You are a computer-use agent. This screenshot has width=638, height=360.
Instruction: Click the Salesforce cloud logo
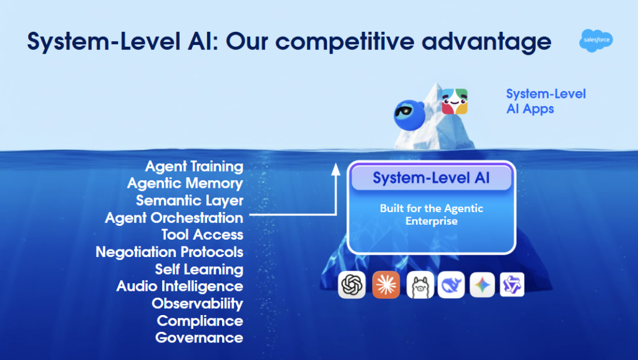point(596,41)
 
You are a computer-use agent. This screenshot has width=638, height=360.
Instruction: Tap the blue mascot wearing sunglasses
point(409,115)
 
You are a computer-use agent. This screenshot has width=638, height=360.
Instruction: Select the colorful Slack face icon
point(455,102)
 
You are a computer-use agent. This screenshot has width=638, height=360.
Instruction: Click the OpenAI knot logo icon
point(352,285)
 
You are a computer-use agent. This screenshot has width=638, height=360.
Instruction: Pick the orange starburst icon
point(386,285)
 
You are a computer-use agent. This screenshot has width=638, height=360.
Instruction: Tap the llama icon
point(420,285)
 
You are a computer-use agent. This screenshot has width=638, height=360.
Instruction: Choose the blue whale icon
point(452,285)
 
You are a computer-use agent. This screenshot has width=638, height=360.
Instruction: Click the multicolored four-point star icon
point(482,285)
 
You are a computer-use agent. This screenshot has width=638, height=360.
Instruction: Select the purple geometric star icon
point(512,285)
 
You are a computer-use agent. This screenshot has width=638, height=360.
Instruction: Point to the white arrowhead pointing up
point(336,170)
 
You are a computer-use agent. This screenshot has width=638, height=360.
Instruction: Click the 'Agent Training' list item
point(194,167)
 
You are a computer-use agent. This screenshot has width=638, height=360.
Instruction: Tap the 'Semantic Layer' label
point(190,201)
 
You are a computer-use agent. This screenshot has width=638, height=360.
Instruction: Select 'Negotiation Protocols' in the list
point(169,252)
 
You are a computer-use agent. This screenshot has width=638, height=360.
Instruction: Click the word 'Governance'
point(200,338)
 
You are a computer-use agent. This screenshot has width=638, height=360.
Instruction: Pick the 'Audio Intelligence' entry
point(180,286)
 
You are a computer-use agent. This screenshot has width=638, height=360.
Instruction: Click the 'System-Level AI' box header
point(432,178)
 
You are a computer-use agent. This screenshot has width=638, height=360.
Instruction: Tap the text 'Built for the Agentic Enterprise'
point(432,215)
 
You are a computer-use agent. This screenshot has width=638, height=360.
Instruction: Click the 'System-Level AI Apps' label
point(546,102)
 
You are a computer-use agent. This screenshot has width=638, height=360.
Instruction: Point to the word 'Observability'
point(197,304)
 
